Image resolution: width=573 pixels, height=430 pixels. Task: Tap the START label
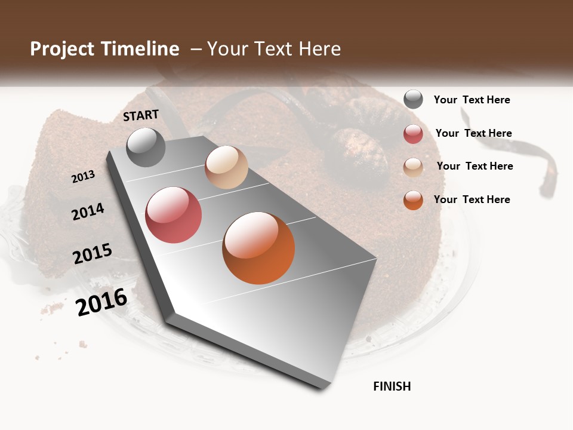pyautogui.click(x=141, y=115)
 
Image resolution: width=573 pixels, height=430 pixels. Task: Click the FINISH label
pyautogui.click(x=392, y=386)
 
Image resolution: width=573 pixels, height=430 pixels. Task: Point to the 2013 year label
pyautogui.click(x=83, y=177)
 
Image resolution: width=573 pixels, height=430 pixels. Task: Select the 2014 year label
pyautogui.click(x=88, y=211)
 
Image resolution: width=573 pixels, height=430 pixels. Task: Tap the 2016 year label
pyautogui.click(x=101, y=302)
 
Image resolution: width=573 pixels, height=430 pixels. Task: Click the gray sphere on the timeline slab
pyautogui.click(x=146, y=147)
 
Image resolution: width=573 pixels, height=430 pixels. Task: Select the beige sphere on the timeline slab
pyautogui.click(x=226, y=167)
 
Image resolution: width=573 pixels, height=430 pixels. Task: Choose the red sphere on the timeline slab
pyautogui.click(x=174, y=215)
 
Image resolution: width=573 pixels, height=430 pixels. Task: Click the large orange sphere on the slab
pyautogui.click(x=258, y=248)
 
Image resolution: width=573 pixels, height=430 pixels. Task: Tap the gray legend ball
pyautogui.click(x=413, y=100)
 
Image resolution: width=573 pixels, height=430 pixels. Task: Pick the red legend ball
pyautogui.click(x=413, y=134)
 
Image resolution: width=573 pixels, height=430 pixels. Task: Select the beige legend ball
pyautogui.click(x=413, y=167)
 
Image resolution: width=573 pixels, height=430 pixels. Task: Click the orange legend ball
pyautogui.click(x=413, y=200)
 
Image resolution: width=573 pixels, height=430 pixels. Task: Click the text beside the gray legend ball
pyautogui.click(x=472, y=100)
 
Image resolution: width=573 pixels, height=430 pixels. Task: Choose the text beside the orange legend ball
pyautogui.click(x=472, y=199)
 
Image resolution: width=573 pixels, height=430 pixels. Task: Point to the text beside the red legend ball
pyautogui.click(x=474, y=133)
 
